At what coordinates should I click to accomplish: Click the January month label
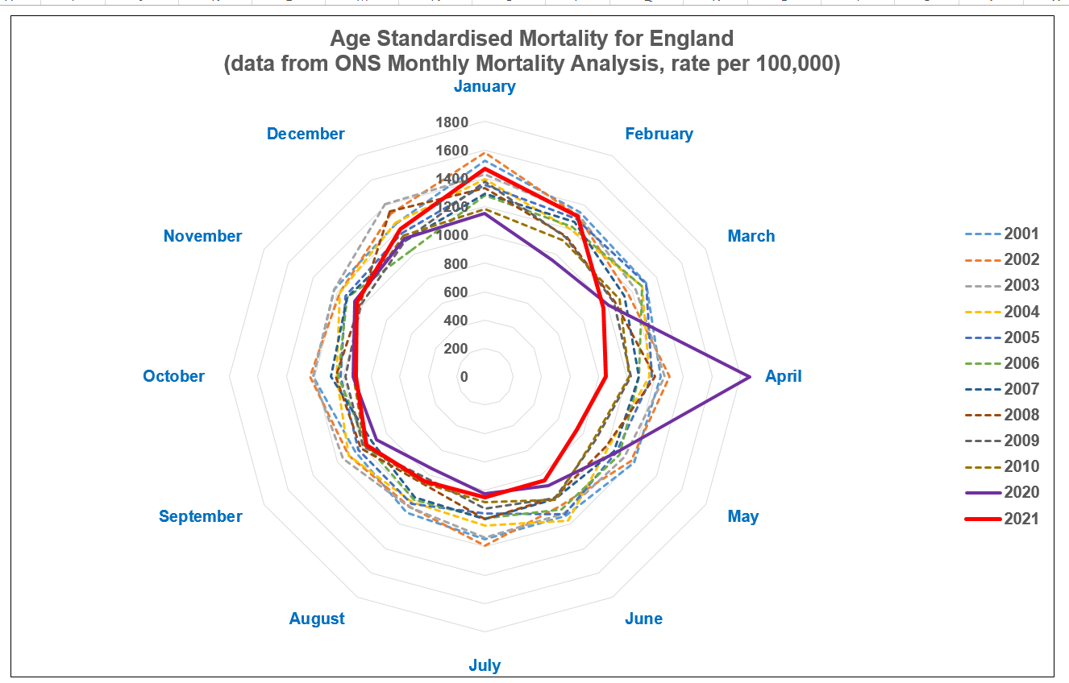485,86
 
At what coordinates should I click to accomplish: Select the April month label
784,376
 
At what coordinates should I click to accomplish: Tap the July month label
485,665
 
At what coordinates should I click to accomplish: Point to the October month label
174,376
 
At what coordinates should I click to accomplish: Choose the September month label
201,516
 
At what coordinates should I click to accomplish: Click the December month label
306,134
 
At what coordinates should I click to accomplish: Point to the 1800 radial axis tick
452,123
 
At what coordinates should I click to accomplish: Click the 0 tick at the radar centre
464,377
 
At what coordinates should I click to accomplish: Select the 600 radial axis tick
455,292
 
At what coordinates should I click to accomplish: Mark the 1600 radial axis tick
452,151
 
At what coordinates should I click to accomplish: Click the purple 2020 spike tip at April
750,376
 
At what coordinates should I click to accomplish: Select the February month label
659,134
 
